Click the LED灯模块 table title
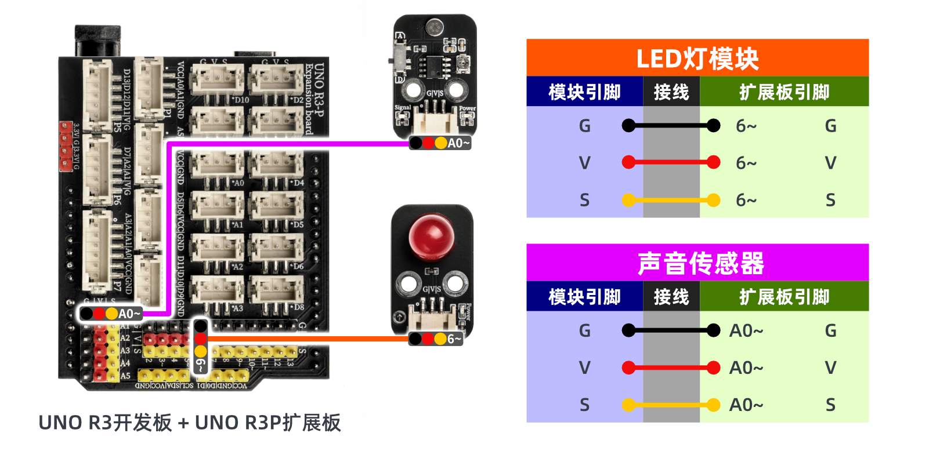click(697, 59)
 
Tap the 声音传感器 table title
click(700, 263)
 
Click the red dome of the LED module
click(431, 236)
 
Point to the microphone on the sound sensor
click(434, 26)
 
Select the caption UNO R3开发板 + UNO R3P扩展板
click(189, 423)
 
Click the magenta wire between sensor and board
click(290, 143)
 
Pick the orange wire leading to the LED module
click(308, 339)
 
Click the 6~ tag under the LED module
click(436, 339)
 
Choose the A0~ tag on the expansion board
click(111, 314)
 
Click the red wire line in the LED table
click(671, 162)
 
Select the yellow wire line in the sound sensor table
click(671, 405)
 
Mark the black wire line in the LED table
click(671, 125)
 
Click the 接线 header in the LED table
click(671, 92)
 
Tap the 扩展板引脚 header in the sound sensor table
click(784, 297)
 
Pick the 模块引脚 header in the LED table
click(584, 92)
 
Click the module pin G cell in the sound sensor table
click(584, 330)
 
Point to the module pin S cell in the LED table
click(584, 200)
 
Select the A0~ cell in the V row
click(746, 368)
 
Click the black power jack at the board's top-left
click(97, 41)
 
